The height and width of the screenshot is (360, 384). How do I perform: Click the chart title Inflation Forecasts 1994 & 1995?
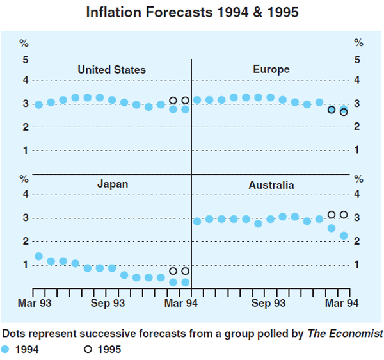(x=192, y=12)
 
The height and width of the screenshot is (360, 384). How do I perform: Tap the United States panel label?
(x=111, y=70)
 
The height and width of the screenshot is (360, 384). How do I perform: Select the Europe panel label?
(x=271, y=69)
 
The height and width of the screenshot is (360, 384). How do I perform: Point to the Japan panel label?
(x=113, y=184)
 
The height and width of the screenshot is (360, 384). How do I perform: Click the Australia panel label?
(x=271, y=185)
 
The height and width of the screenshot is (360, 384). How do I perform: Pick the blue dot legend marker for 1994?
(x=6, y=349)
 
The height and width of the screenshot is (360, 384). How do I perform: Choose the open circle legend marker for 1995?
(x=88, y=349)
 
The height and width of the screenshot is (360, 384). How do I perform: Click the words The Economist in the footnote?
(x=346, y=333)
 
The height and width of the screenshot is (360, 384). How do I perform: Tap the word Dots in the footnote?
(x=15, y=333)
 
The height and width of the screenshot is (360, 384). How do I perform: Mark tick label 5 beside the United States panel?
(x=25, y=60)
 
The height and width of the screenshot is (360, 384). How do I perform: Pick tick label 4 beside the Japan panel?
(x=25, y=194)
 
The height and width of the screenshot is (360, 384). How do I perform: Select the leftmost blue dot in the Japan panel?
(x=38, y=256)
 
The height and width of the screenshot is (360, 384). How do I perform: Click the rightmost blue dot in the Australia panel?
(x=344, y=236)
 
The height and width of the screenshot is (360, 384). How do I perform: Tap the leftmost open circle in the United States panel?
(x=173, y=101)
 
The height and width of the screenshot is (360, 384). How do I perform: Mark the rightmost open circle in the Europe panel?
(x=344, y=112)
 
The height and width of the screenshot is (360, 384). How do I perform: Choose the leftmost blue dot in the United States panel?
(x=38, y=104)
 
